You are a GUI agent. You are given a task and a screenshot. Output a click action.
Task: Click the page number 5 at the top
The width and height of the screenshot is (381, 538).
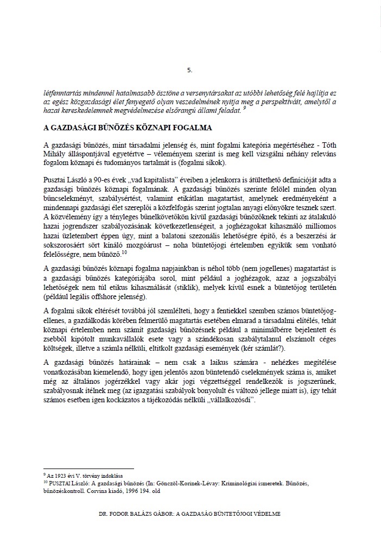tap(189, 70)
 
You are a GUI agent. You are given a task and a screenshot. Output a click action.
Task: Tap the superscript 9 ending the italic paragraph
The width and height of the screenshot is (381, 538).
tap(245, 108)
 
